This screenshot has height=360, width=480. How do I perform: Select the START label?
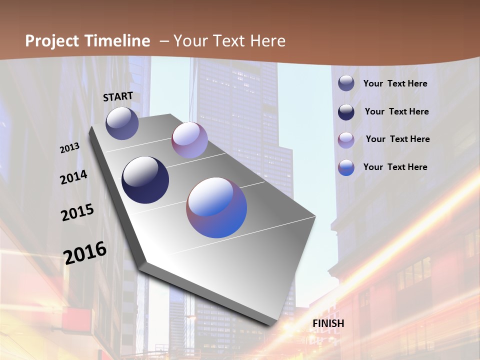(118, 96)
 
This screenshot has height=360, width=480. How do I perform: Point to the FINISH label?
(328, 323)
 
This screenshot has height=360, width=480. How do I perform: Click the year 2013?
(70, 147)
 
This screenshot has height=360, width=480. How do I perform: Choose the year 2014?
(74, 177)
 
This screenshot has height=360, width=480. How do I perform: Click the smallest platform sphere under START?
(122, 123)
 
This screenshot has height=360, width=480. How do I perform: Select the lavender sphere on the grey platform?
(189, 140)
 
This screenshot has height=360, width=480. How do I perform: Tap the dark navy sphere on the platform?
(145, 180)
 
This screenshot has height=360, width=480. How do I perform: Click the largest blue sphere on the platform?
(216, 207)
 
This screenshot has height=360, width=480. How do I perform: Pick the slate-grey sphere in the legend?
(346, 83)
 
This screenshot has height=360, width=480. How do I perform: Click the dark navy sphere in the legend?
(346, 112)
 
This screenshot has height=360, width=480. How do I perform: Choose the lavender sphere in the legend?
(346, 140)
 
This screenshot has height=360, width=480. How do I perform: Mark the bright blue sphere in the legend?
(346, 167)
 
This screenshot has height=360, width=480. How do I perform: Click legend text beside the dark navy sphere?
(397, 111)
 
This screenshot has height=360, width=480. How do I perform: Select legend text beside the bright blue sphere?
(395, 167)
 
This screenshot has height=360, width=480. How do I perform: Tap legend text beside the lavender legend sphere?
(398, 139)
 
